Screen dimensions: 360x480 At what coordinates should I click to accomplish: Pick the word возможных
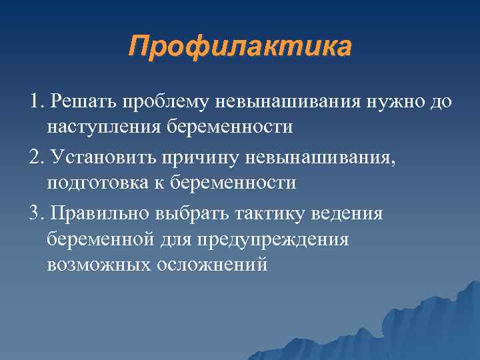[x=99, y=265]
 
